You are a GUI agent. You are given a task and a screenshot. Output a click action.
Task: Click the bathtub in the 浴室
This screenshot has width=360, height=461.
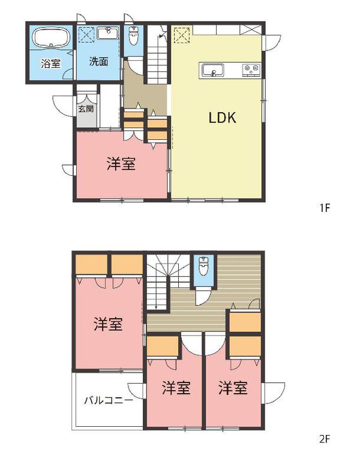click(50, 39)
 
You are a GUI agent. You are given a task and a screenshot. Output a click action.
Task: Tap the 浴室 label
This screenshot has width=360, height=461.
click(50, 62)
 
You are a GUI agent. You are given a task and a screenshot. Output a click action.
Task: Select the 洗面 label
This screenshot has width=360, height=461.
click(98, 61)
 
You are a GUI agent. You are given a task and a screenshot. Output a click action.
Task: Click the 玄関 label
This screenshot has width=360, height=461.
click(85, 109)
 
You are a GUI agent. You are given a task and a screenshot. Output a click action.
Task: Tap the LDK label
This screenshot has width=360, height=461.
click(222, 118)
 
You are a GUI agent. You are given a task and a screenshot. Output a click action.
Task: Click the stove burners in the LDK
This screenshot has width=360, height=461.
click(251, 71)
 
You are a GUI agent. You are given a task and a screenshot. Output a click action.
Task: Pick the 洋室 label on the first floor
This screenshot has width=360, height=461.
click(121, 164)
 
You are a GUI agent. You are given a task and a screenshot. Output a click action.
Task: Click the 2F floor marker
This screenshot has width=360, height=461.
click(325, 439)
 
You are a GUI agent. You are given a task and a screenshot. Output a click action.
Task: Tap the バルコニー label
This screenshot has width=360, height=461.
click(108, 400)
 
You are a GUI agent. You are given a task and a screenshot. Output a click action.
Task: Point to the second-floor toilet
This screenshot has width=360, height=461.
click(203, 267)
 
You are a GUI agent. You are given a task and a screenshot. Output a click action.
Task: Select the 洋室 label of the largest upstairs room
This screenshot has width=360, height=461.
click(108, 325)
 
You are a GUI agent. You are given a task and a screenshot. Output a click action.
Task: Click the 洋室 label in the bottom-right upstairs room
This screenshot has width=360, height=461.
click(233, 387)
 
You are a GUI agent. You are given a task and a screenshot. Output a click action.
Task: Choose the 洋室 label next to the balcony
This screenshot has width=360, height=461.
click(176, 387)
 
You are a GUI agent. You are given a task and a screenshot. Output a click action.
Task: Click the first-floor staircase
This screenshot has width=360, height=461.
click(158, 57)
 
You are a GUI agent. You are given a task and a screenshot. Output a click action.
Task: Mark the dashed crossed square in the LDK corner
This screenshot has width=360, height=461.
click(180, 34)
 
